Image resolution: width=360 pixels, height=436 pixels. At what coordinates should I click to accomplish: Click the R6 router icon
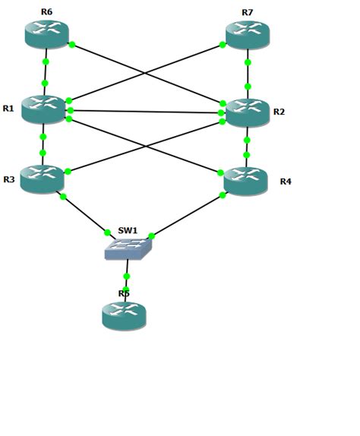pos(46,34)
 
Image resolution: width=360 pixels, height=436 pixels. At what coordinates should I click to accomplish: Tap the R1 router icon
pos(43,109)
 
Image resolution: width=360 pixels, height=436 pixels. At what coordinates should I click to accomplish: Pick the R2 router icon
pos(248,112)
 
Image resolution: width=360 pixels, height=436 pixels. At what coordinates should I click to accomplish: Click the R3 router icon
pos(42,179)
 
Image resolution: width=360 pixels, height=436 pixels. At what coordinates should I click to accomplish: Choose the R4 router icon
pos(245,182)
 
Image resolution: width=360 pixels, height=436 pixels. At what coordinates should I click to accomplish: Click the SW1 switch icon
pos(128,248)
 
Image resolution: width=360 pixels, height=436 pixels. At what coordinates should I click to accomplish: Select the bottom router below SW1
pos(124,315)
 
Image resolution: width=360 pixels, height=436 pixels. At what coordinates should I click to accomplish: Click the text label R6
pos(46,12)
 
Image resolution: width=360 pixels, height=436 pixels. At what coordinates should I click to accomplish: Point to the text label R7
pos(248,12)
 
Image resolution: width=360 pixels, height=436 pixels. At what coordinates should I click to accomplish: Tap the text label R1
pos(8,109)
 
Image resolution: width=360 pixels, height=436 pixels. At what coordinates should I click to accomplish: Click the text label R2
pos(279,112)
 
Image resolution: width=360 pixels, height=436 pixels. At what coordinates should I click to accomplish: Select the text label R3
pos(8,179)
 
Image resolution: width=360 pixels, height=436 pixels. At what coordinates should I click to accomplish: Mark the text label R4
pos(286,182)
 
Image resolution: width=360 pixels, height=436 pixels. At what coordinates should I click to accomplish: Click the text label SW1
pos(128,230)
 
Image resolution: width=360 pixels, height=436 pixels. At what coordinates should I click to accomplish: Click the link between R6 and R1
pos(45,72)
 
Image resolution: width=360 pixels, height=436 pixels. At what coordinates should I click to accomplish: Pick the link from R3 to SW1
pos(85,214)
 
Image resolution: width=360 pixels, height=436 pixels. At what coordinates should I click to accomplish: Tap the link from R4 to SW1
pos(187,215)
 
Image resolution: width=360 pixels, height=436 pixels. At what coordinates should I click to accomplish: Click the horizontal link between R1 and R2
pos(144,112)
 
